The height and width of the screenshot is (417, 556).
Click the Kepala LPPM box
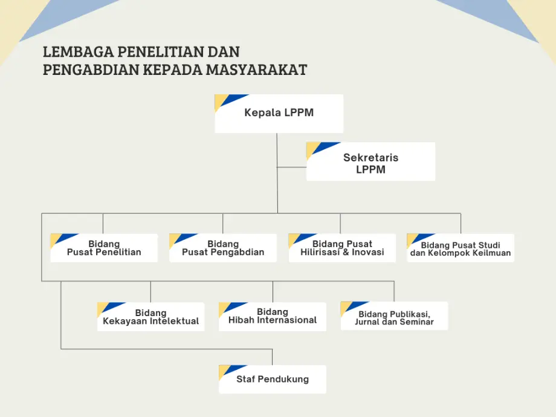pyautogui.click(x=279, y=114)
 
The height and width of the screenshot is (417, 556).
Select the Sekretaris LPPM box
pyautogui.click(x=370, y=161)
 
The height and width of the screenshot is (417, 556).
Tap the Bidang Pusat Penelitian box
pyautogui.click(x=104, y=248)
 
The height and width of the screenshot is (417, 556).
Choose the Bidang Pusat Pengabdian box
pyautogui.click(x=222, y=248)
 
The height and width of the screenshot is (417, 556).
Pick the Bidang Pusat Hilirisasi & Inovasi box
pyautogui.click(x=342, y=248)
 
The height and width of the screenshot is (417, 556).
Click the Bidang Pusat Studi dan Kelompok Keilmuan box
pyautogui.click(x=461, y=248)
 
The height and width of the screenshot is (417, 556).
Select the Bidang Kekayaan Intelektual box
pyautogui.click(x=150, y=317)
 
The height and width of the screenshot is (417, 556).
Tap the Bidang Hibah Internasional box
pyautogui.click(x=273, y=317)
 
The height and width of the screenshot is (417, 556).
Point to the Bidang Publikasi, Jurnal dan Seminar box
pyautogui.click(x=394, y=316)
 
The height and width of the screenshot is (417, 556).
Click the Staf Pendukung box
pyautogui.click(x=273, y=379)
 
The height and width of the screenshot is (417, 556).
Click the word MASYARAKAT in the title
pyautogui.click(x=256, y=70)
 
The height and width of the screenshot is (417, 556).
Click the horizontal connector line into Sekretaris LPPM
pyautogui.click(x=291, y=167)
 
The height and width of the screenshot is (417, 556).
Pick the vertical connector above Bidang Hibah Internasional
pyautogui.click(x=273, y=292)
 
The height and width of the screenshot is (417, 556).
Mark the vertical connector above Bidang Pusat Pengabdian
pyautogui.click(x=222, y=224)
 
